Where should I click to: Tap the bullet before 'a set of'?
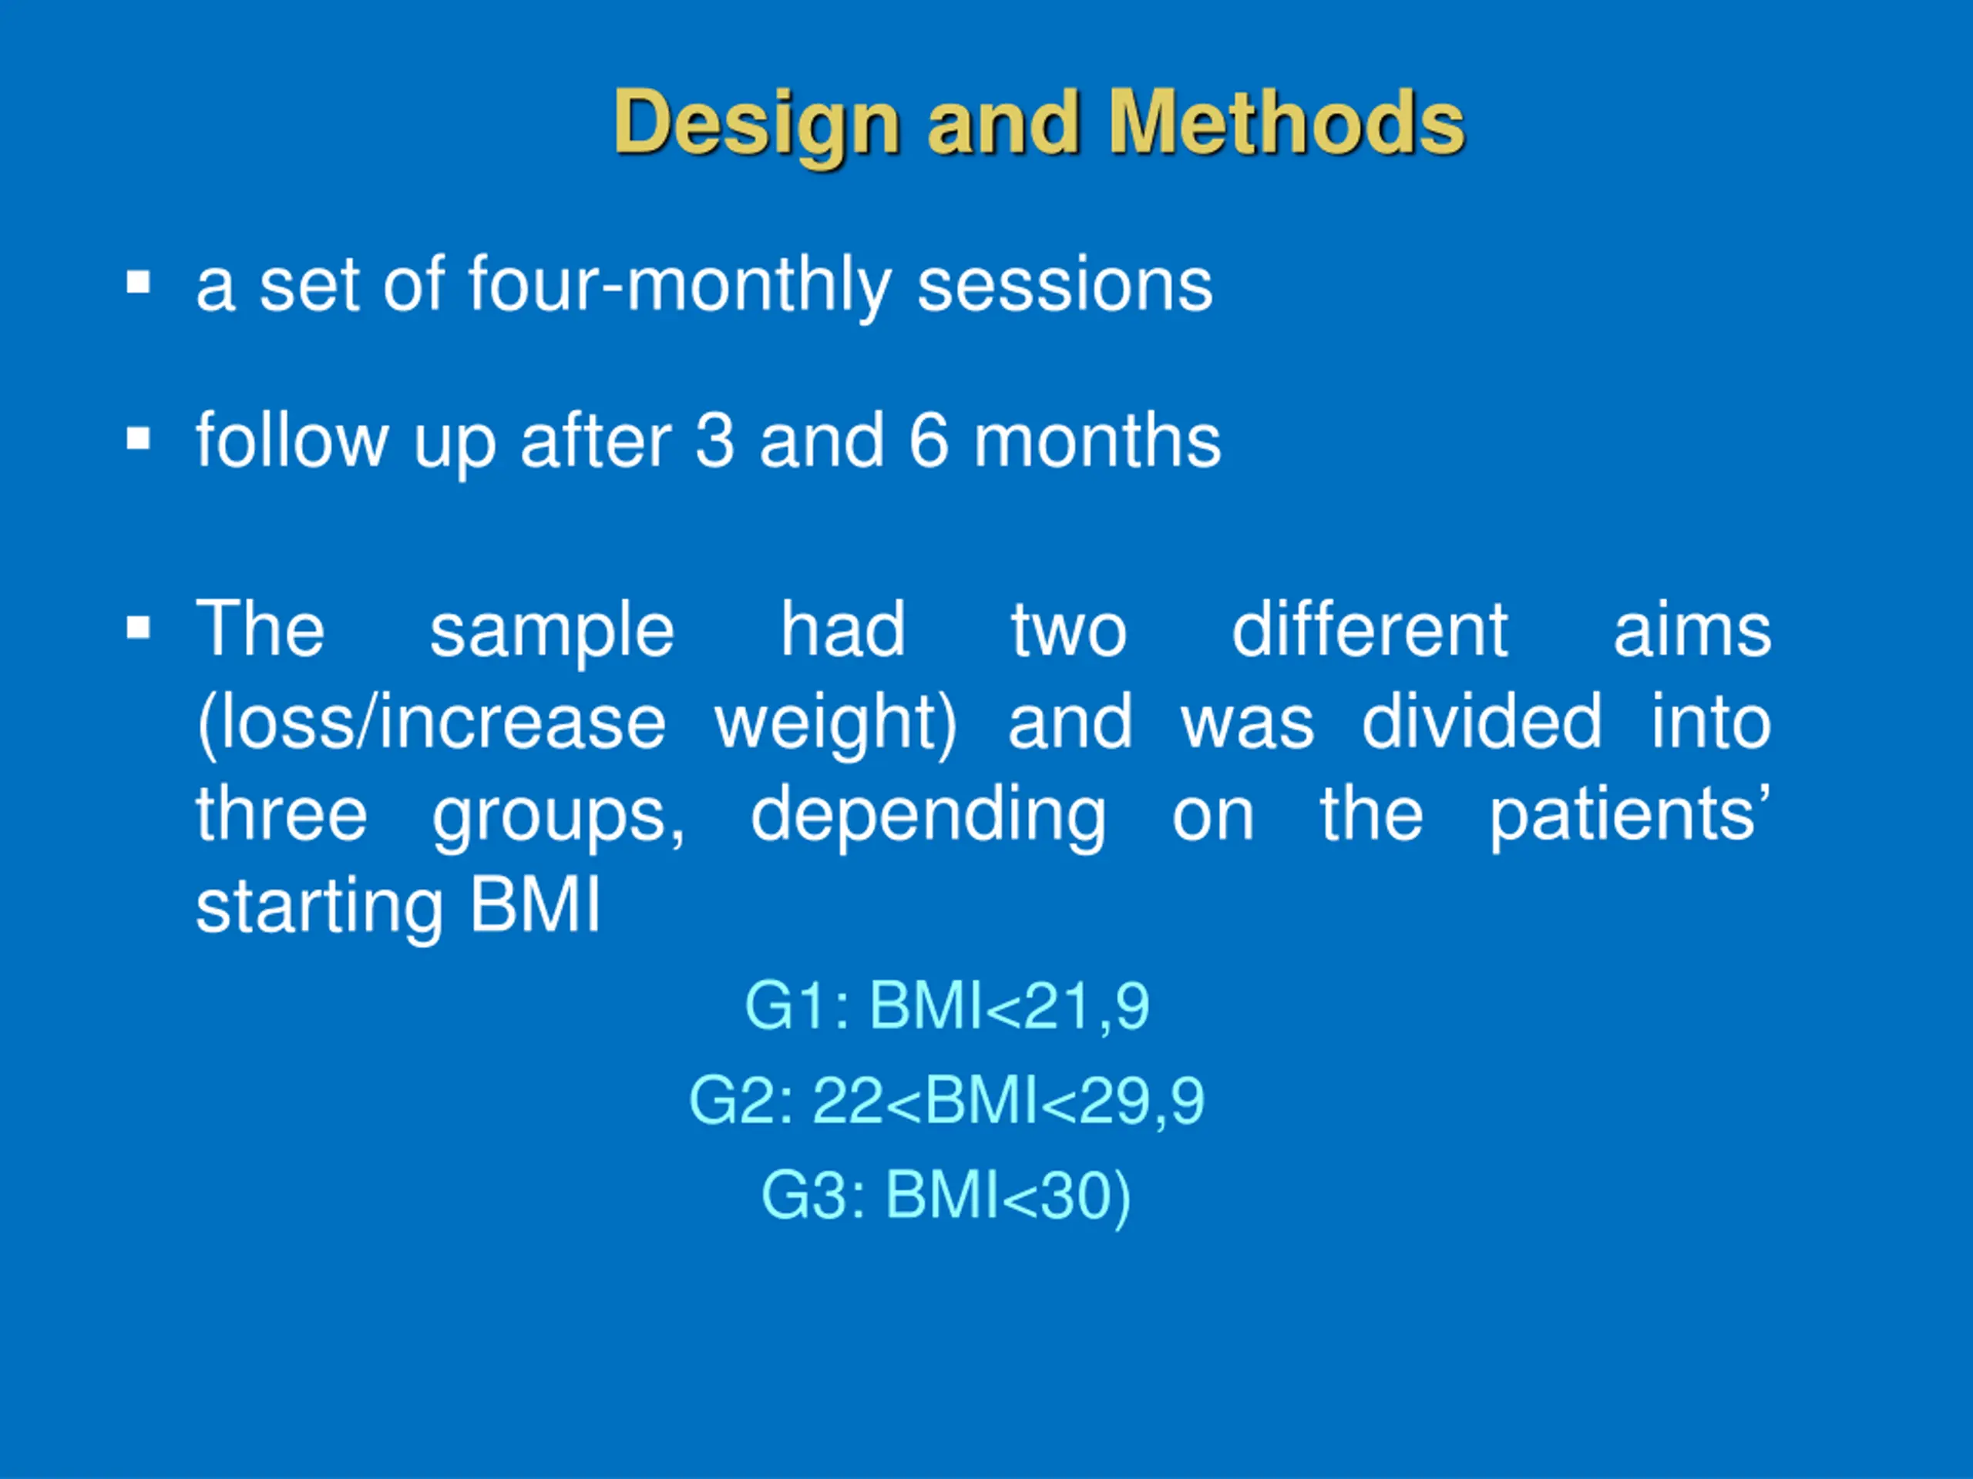138,283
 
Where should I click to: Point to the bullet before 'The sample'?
138,629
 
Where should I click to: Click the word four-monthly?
680,285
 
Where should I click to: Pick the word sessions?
1065,285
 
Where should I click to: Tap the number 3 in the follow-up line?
714,441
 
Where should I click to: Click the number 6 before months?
929,441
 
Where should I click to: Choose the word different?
1370,629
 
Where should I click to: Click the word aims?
1692,629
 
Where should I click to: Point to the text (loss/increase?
432,722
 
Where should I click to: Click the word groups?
560,817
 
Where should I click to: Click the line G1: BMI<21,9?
946,1005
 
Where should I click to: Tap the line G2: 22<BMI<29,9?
946,1100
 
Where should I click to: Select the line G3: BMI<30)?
946,1196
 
